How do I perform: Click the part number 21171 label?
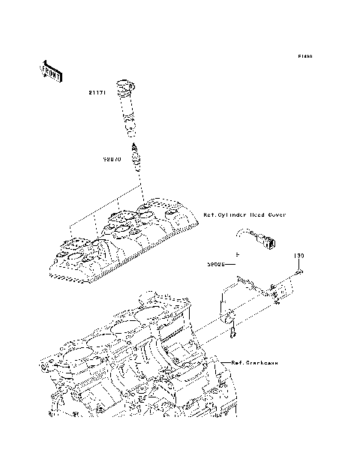coord(96,93)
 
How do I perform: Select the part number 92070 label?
coord(113,159)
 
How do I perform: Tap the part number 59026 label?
coord(217,264)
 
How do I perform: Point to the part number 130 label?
coord(298,256)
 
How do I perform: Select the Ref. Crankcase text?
coord(255,362)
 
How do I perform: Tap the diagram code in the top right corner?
coord(304,56)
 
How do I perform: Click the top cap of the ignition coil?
coord(121,82)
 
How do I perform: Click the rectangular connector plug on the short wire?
coord(268,241)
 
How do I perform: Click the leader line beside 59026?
coord(233,264)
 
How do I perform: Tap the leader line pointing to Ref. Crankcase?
coord(223,362)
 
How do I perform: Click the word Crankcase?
coord(262,362)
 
